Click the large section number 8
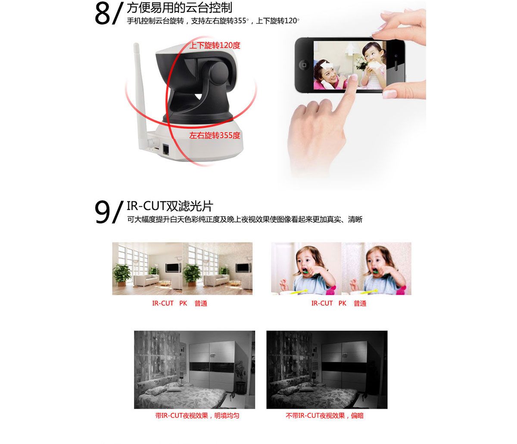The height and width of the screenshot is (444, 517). pos(102,14)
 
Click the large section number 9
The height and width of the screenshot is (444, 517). pos(102,212)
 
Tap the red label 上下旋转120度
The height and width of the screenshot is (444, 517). pos(215,45)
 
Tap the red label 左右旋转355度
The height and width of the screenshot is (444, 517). pos(215,135)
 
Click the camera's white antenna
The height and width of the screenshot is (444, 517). pos(140,95)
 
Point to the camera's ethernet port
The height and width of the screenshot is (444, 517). pos(166,149)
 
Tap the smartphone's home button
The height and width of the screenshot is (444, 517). pos(304,65)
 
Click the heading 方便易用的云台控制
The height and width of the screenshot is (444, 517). pos(180,7)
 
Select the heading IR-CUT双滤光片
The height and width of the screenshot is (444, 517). pos(170,206)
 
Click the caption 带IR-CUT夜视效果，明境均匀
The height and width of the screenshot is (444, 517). pos(197,416)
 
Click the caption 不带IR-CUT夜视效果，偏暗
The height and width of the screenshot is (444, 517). pos(325,416)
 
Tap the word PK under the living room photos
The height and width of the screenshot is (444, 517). pos(183,303)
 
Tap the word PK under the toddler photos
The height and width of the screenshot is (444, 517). pos(343,303)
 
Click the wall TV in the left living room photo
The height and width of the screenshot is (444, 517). pos(173,268)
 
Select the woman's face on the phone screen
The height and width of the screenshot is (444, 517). pos(328,74)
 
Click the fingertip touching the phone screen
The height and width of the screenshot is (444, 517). pos(354,77)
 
